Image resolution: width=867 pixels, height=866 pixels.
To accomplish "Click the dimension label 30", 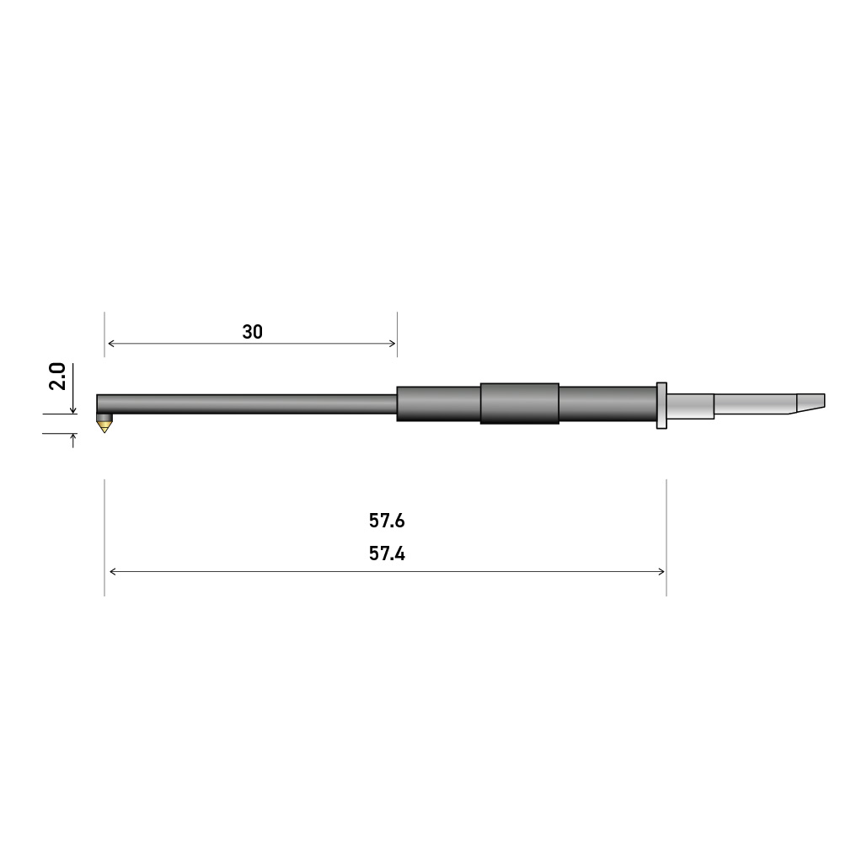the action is tap(252, 332).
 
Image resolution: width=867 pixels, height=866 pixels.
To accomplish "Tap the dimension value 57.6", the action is tap(387, 521).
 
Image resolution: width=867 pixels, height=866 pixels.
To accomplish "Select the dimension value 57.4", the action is tap(387, 553).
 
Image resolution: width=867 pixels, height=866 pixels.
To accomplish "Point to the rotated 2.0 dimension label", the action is tap(57, 377).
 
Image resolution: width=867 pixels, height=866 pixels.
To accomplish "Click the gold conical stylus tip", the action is tap(104, 426).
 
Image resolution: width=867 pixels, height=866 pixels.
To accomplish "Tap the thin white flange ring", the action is tap(661, 405).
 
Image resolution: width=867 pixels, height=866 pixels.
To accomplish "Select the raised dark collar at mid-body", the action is tap(520, 404).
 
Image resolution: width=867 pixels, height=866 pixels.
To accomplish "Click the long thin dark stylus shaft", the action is tap(247, 404).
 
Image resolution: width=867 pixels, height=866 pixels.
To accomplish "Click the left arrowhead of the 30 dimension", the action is tap(111, 344).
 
